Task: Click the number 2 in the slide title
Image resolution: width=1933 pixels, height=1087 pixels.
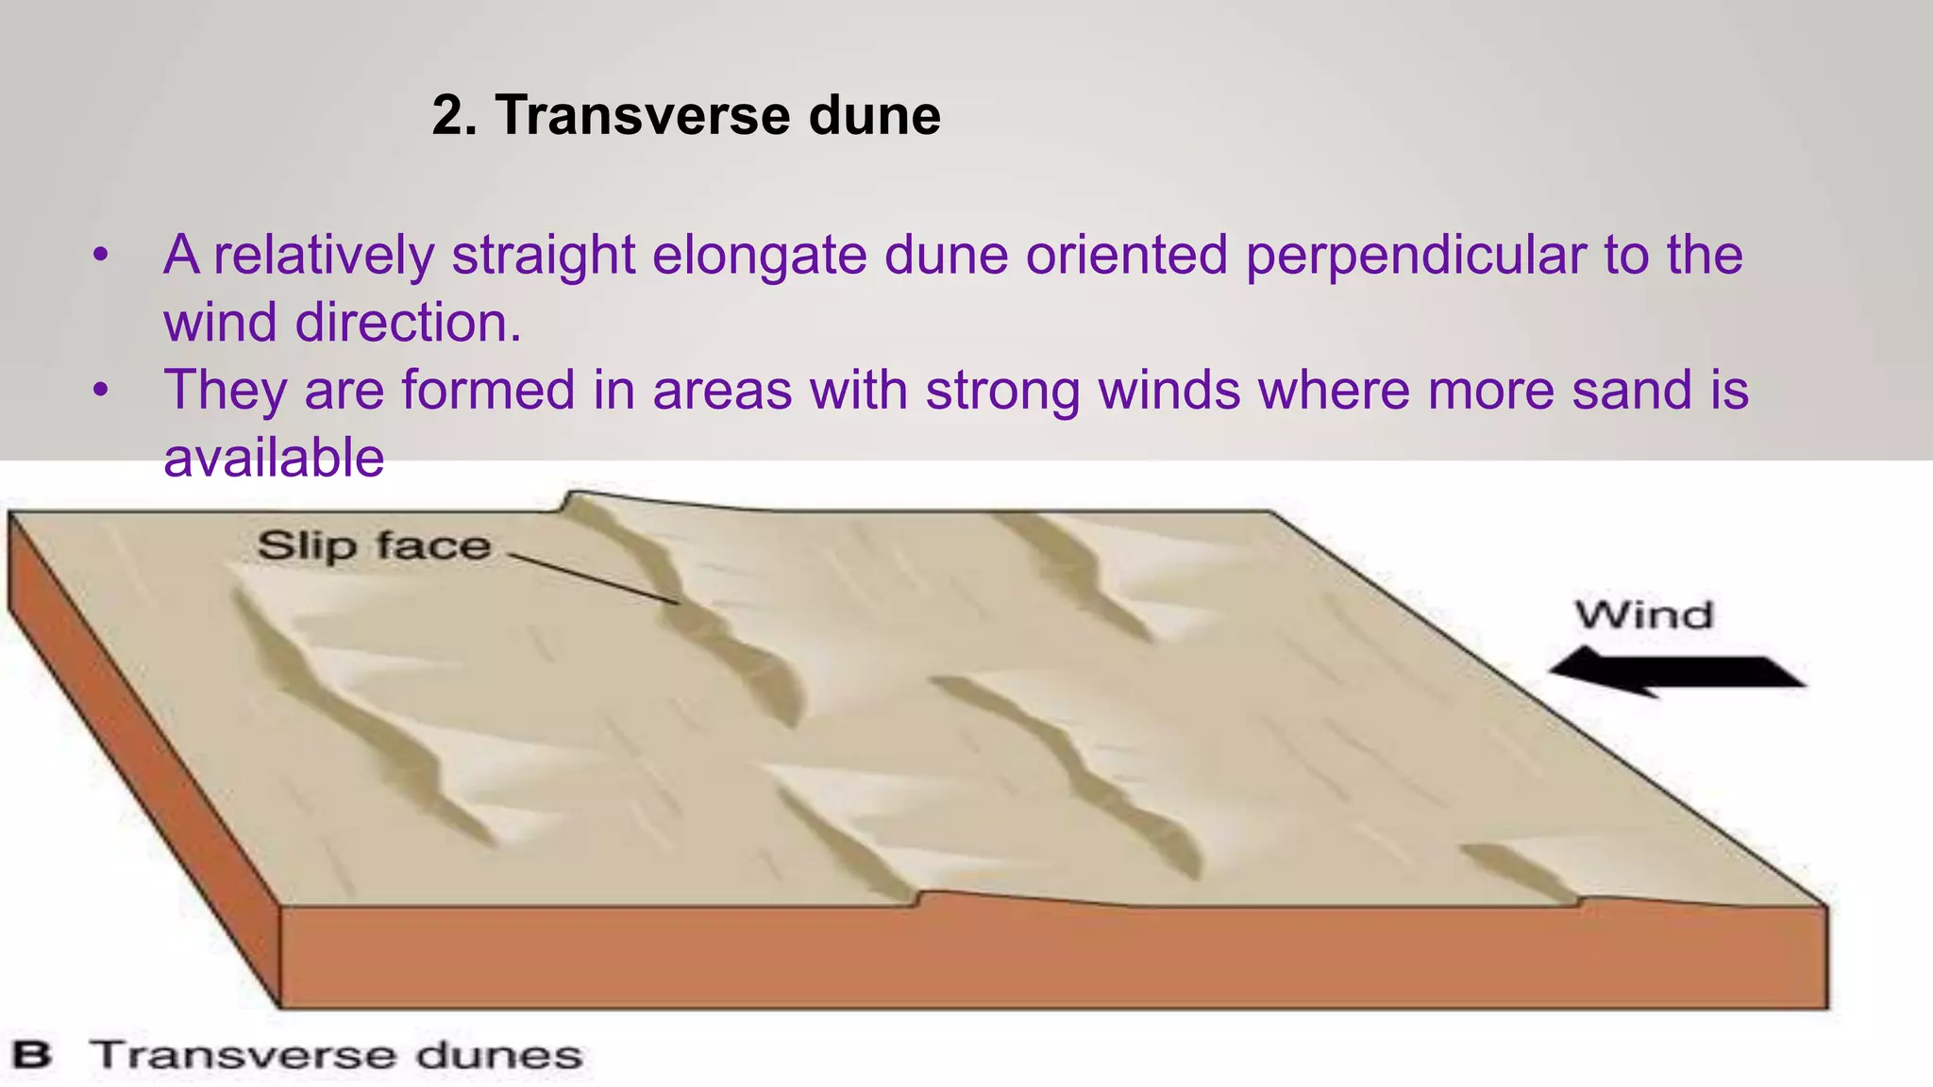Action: click(x=448, y=116)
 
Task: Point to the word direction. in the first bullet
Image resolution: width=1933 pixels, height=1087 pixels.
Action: click(x=408, y=323)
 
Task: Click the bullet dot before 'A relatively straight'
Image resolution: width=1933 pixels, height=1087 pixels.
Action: click(x=101, y=256)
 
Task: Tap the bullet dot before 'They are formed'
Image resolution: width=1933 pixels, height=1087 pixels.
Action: click(x=101, y=391)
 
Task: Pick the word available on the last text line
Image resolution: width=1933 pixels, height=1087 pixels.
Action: click(x=274, y=459)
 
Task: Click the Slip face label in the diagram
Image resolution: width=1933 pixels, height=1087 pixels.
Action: click(x=374, y=546)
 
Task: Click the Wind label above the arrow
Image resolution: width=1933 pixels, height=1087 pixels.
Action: click(x=1642, y=615)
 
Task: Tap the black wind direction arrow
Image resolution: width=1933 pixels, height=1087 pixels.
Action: click(x=1675, y=671)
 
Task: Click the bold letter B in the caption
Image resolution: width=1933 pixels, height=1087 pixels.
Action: click(x=31, y=1055)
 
